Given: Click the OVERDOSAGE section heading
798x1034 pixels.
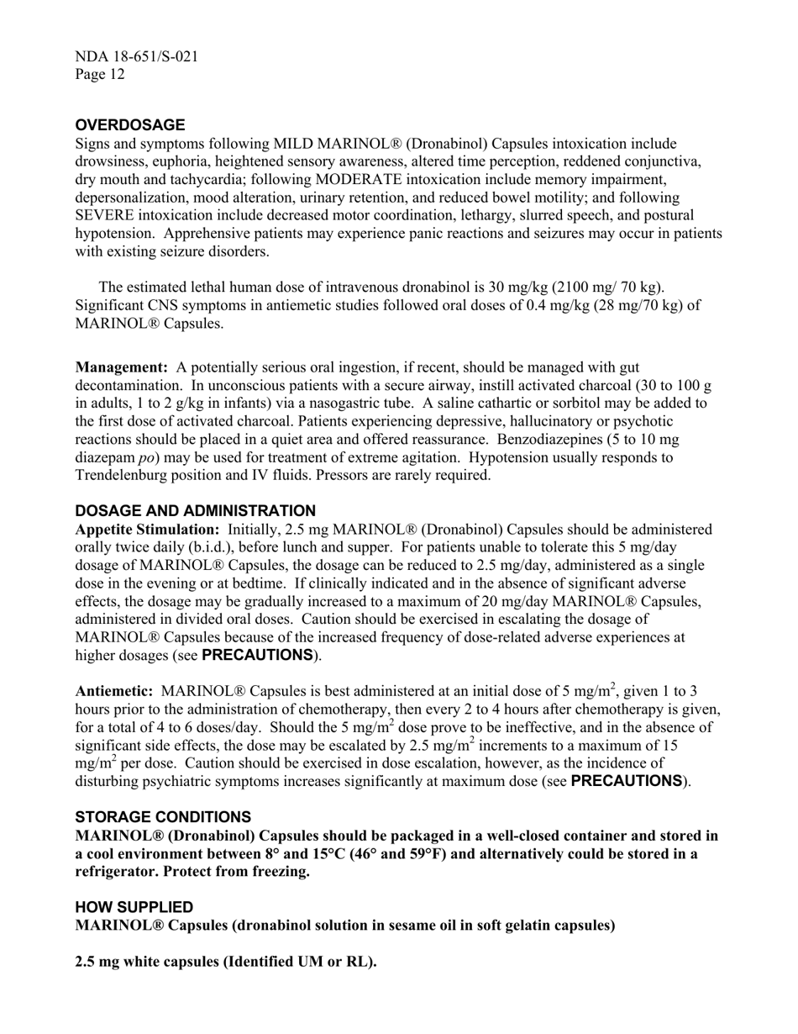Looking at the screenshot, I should coord(130,125).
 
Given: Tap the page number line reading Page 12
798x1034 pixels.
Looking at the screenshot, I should coord(100,75).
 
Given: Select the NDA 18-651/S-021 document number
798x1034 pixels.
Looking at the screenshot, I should coord(137,57).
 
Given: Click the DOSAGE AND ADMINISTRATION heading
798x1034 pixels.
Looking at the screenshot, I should coord(196,511).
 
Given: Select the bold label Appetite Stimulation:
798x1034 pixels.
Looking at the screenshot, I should coord(148,530).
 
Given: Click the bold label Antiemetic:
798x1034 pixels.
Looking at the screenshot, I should coord(114,691).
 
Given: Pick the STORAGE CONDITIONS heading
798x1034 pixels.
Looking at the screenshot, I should coord(163,817).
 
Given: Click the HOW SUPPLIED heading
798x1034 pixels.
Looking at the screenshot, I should coord(134,907).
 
